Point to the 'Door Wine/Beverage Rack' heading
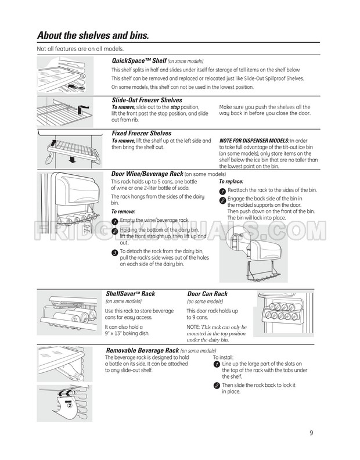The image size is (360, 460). [147, 174]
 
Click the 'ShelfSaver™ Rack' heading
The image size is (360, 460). [130, 294]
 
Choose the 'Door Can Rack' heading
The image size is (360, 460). [207, 294]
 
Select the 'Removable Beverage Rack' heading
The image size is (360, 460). [142, 350]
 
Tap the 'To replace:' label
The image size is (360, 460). [231, 182]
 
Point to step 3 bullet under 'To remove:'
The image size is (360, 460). [114, 251]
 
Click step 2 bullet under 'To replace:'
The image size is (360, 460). [222, 201]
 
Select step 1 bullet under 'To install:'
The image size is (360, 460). [217, 364]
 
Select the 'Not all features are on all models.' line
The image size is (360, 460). [80, 49]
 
